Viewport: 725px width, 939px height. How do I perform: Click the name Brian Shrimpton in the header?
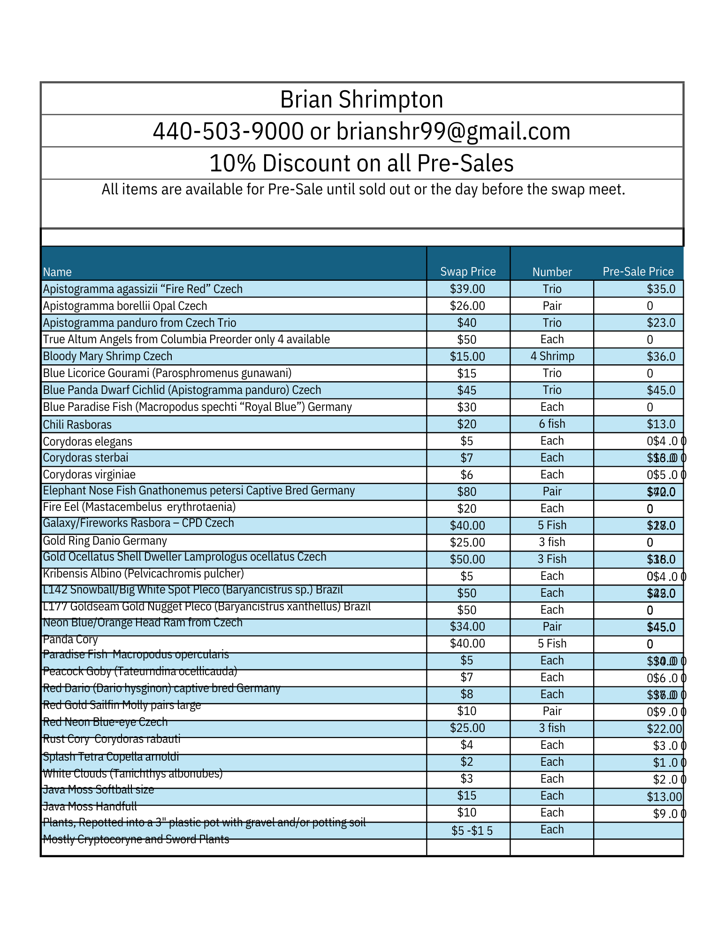pyautogui.click(x=361, y=100)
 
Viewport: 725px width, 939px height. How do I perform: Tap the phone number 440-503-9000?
pyautogui.click(x=228, y=131)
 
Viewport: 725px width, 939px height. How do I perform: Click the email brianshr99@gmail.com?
pyautogui.click(x=453, y=131)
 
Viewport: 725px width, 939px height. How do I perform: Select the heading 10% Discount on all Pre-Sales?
pyautogui.click(x=361, y=163)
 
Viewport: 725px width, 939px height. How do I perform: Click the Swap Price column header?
pyautogui.click(x=468, y=272)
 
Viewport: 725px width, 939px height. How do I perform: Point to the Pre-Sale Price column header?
pyautogui.click(x=638, y=272)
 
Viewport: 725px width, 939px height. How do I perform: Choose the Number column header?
pyautogui.click(x=552, y=272)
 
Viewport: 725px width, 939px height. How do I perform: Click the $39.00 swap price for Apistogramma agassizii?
pyautogui.click(x=467, y=289)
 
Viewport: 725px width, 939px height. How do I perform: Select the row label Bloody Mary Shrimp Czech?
pyautogui.click(x=107, y=356)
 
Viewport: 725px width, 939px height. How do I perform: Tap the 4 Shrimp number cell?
pyautogui.click(x=552, y=356)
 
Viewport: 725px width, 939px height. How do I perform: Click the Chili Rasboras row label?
pyautogui.click(x=77, y=425)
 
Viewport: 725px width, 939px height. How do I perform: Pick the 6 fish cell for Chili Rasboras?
pyautogui.click(x=552, y=424)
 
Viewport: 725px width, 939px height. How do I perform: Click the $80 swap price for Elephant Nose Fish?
pyautogui.click(x=467, y=492)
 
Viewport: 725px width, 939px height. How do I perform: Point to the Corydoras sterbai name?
pyautogui.click(x=85, y=458)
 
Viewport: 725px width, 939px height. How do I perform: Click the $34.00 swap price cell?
pyautogui.click(x=467, y=627)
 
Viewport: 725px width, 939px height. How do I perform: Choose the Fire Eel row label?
pyautogui.click(x=139, y=507)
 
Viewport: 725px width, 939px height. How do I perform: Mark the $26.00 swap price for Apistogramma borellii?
pyautogui.click(x=467, y=306)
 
